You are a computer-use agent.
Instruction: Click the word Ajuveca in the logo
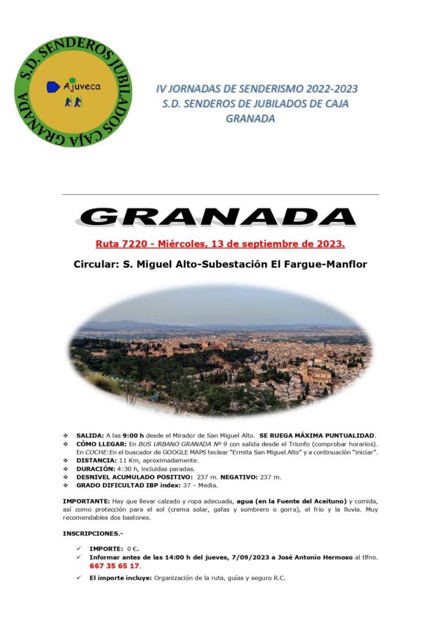tap(82, 86)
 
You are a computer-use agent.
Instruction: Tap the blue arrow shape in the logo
tap(53, 87)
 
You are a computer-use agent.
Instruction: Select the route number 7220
tap(125, 245)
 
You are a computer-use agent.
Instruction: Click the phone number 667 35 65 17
tap(114, 565)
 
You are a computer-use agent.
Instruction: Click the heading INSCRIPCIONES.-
tap(92, 534)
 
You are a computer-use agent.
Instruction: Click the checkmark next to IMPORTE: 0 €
tap(79, 549)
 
